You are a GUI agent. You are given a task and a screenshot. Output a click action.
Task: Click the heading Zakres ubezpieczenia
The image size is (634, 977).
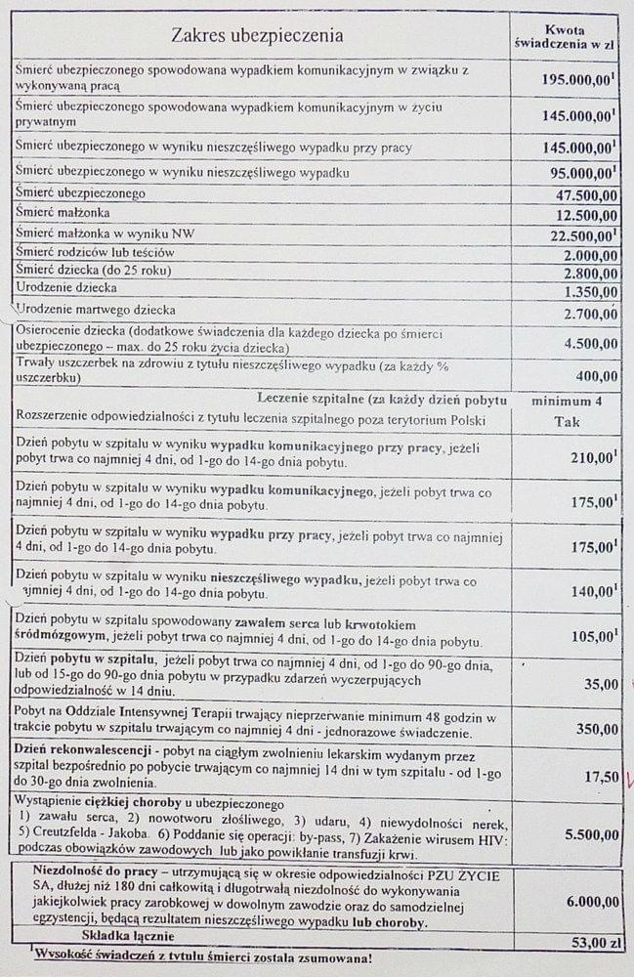coord(258,36)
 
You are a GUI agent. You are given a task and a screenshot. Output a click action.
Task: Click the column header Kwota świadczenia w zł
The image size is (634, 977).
coord(564,36)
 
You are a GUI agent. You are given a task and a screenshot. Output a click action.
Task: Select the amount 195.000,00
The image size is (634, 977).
coord(578,77)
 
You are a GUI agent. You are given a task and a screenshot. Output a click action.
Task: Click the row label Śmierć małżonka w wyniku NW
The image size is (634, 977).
coord(93,233)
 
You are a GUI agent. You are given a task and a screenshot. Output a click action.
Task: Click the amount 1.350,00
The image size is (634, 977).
coord(589,291)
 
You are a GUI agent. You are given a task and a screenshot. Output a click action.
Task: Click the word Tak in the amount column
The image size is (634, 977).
coord(567,422)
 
